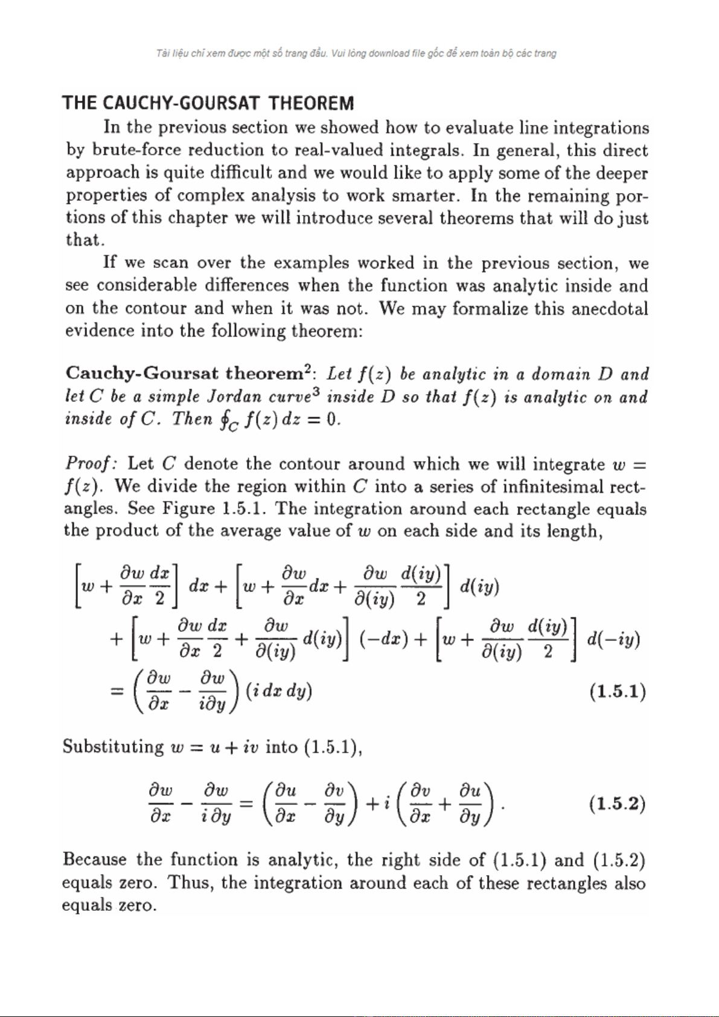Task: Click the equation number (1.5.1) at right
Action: pos(618,691)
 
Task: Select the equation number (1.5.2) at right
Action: pos(617,804)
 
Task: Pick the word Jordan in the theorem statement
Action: pos(233,397)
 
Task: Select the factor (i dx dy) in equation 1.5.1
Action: pos(279,690)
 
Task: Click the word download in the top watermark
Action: pos(389,53)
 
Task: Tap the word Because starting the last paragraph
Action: pos(94,859)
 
